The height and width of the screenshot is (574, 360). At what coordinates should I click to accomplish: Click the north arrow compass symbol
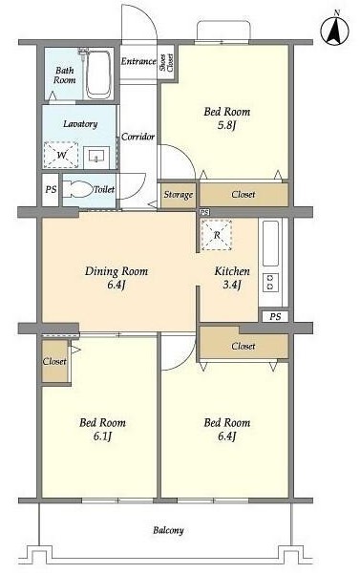pos(334,30)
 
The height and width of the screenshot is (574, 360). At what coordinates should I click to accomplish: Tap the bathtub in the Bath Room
pos(98,74)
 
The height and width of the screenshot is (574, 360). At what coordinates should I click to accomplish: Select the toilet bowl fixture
pos(78,190)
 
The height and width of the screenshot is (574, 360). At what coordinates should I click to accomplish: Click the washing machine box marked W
pos(61,155)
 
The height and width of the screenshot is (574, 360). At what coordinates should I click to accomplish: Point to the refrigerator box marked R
pos(217,235)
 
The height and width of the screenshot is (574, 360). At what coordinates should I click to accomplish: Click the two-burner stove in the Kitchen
pos(270,282)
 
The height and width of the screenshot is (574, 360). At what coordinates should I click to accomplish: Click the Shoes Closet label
pos(166,63)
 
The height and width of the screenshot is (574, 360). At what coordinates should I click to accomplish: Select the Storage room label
pos(179,195)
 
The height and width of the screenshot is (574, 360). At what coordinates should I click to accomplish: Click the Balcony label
pos(168,530)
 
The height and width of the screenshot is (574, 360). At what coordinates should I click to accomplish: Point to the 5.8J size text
pos(227,125)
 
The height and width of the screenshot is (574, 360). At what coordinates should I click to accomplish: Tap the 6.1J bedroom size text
pos(102,436)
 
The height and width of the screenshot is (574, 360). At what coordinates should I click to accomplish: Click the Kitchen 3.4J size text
pos(232,285)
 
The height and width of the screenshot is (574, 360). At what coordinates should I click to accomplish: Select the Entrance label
pos(138,61)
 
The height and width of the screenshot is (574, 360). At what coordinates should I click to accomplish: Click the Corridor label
pos(138,137)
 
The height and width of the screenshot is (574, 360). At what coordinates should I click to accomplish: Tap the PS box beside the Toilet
pos(51,190)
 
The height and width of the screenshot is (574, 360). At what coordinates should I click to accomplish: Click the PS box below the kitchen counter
pos(275,316)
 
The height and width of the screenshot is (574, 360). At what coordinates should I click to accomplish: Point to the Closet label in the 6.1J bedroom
pos(54,362)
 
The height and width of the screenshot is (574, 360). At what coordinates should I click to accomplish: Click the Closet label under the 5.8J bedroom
pos(244,195)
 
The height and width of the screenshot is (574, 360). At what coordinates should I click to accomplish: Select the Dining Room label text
pos(116,271)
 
